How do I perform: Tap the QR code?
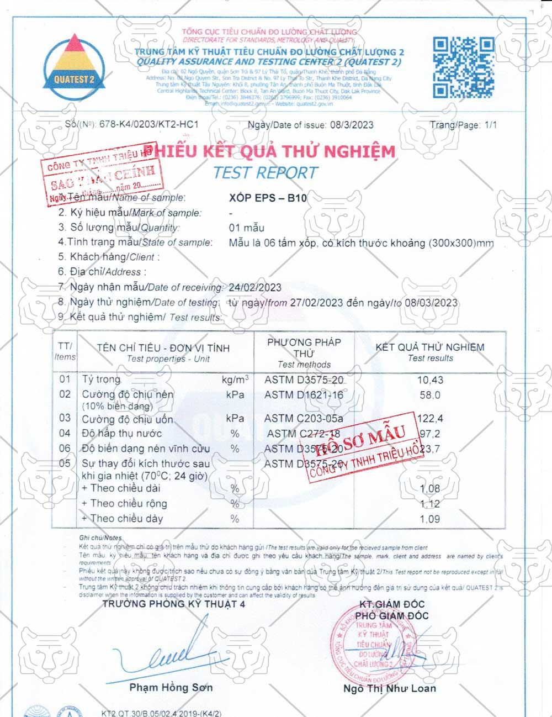463,67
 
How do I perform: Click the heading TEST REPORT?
266,173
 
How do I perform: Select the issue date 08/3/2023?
352,125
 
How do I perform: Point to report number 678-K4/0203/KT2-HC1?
148,124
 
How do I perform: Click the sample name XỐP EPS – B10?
268,198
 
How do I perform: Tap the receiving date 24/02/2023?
255,287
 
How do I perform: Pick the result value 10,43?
430,380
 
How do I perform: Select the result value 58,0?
430,395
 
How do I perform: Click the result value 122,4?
431,419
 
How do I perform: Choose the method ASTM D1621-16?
304,395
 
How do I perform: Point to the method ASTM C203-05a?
304,419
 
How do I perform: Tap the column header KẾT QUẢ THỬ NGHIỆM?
430,347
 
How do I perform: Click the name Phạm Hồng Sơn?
171,688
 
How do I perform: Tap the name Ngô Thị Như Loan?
389,688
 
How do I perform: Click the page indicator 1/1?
491,125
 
